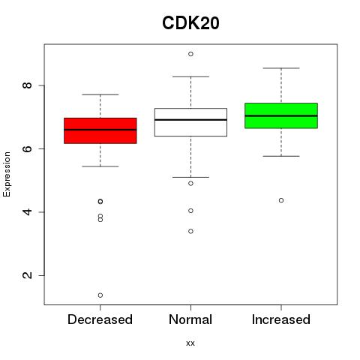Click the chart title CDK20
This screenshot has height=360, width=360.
tap(190, 23)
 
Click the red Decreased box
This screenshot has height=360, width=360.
tap(100, 130)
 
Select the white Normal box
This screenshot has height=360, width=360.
tap(190, 122)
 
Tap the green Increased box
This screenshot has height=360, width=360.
tap(281, 115)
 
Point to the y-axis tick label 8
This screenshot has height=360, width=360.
tap(27, 85)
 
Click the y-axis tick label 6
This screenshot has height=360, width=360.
tap(27, 148)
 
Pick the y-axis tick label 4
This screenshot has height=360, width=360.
tap(27, 212)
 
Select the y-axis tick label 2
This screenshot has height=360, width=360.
tap(27, 275)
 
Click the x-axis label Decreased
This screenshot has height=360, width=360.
tap(100, 319)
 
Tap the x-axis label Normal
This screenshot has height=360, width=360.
tap(190, 319)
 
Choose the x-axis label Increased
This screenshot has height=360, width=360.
tap(281, 319)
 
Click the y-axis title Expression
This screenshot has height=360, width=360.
tap(7, 174)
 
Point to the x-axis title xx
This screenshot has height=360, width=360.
tap(190, 343)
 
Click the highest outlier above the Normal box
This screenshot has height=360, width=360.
tap(190, 54)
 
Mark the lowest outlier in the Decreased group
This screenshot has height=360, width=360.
tap(100, 295)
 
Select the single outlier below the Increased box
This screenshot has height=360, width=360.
tap(281, 200)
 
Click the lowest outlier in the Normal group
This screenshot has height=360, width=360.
tap(190, 231)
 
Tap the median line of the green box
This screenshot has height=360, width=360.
tap(281, 115)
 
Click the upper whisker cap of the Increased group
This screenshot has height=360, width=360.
tap(281, 68)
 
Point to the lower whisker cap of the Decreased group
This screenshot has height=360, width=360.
tap(100, 166)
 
